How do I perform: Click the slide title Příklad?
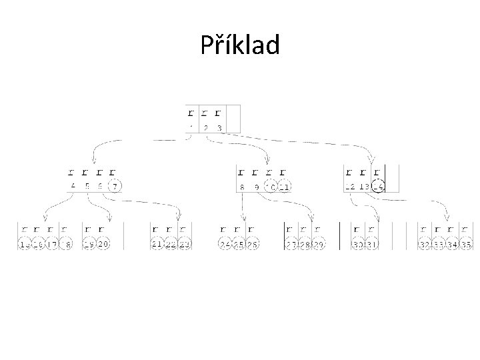tap(240, 45)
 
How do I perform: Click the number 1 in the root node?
tap(191, 127)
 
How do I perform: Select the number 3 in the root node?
tap(219, 127)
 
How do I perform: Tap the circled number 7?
tap(115, 187)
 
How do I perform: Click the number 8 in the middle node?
tap(243, 187)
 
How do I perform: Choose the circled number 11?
tap(285, 187)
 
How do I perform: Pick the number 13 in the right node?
tap(364, 187)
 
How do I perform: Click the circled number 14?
tap(379, 187)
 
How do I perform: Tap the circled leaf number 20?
tap(103, 245)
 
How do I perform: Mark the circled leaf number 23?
tap(185, 245)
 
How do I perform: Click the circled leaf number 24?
tap(225, 245)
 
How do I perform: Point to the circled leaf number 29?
tap(319, 245)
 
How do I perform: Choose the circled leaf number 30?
tap(359, 245)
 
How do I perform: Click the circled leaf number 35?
tap(466, 245)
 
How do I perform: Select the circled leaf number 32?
tap(425, 245)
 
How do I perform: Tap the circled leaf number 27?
tap(291, 245)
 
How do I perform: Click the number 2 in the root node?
tap(206, 127)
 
